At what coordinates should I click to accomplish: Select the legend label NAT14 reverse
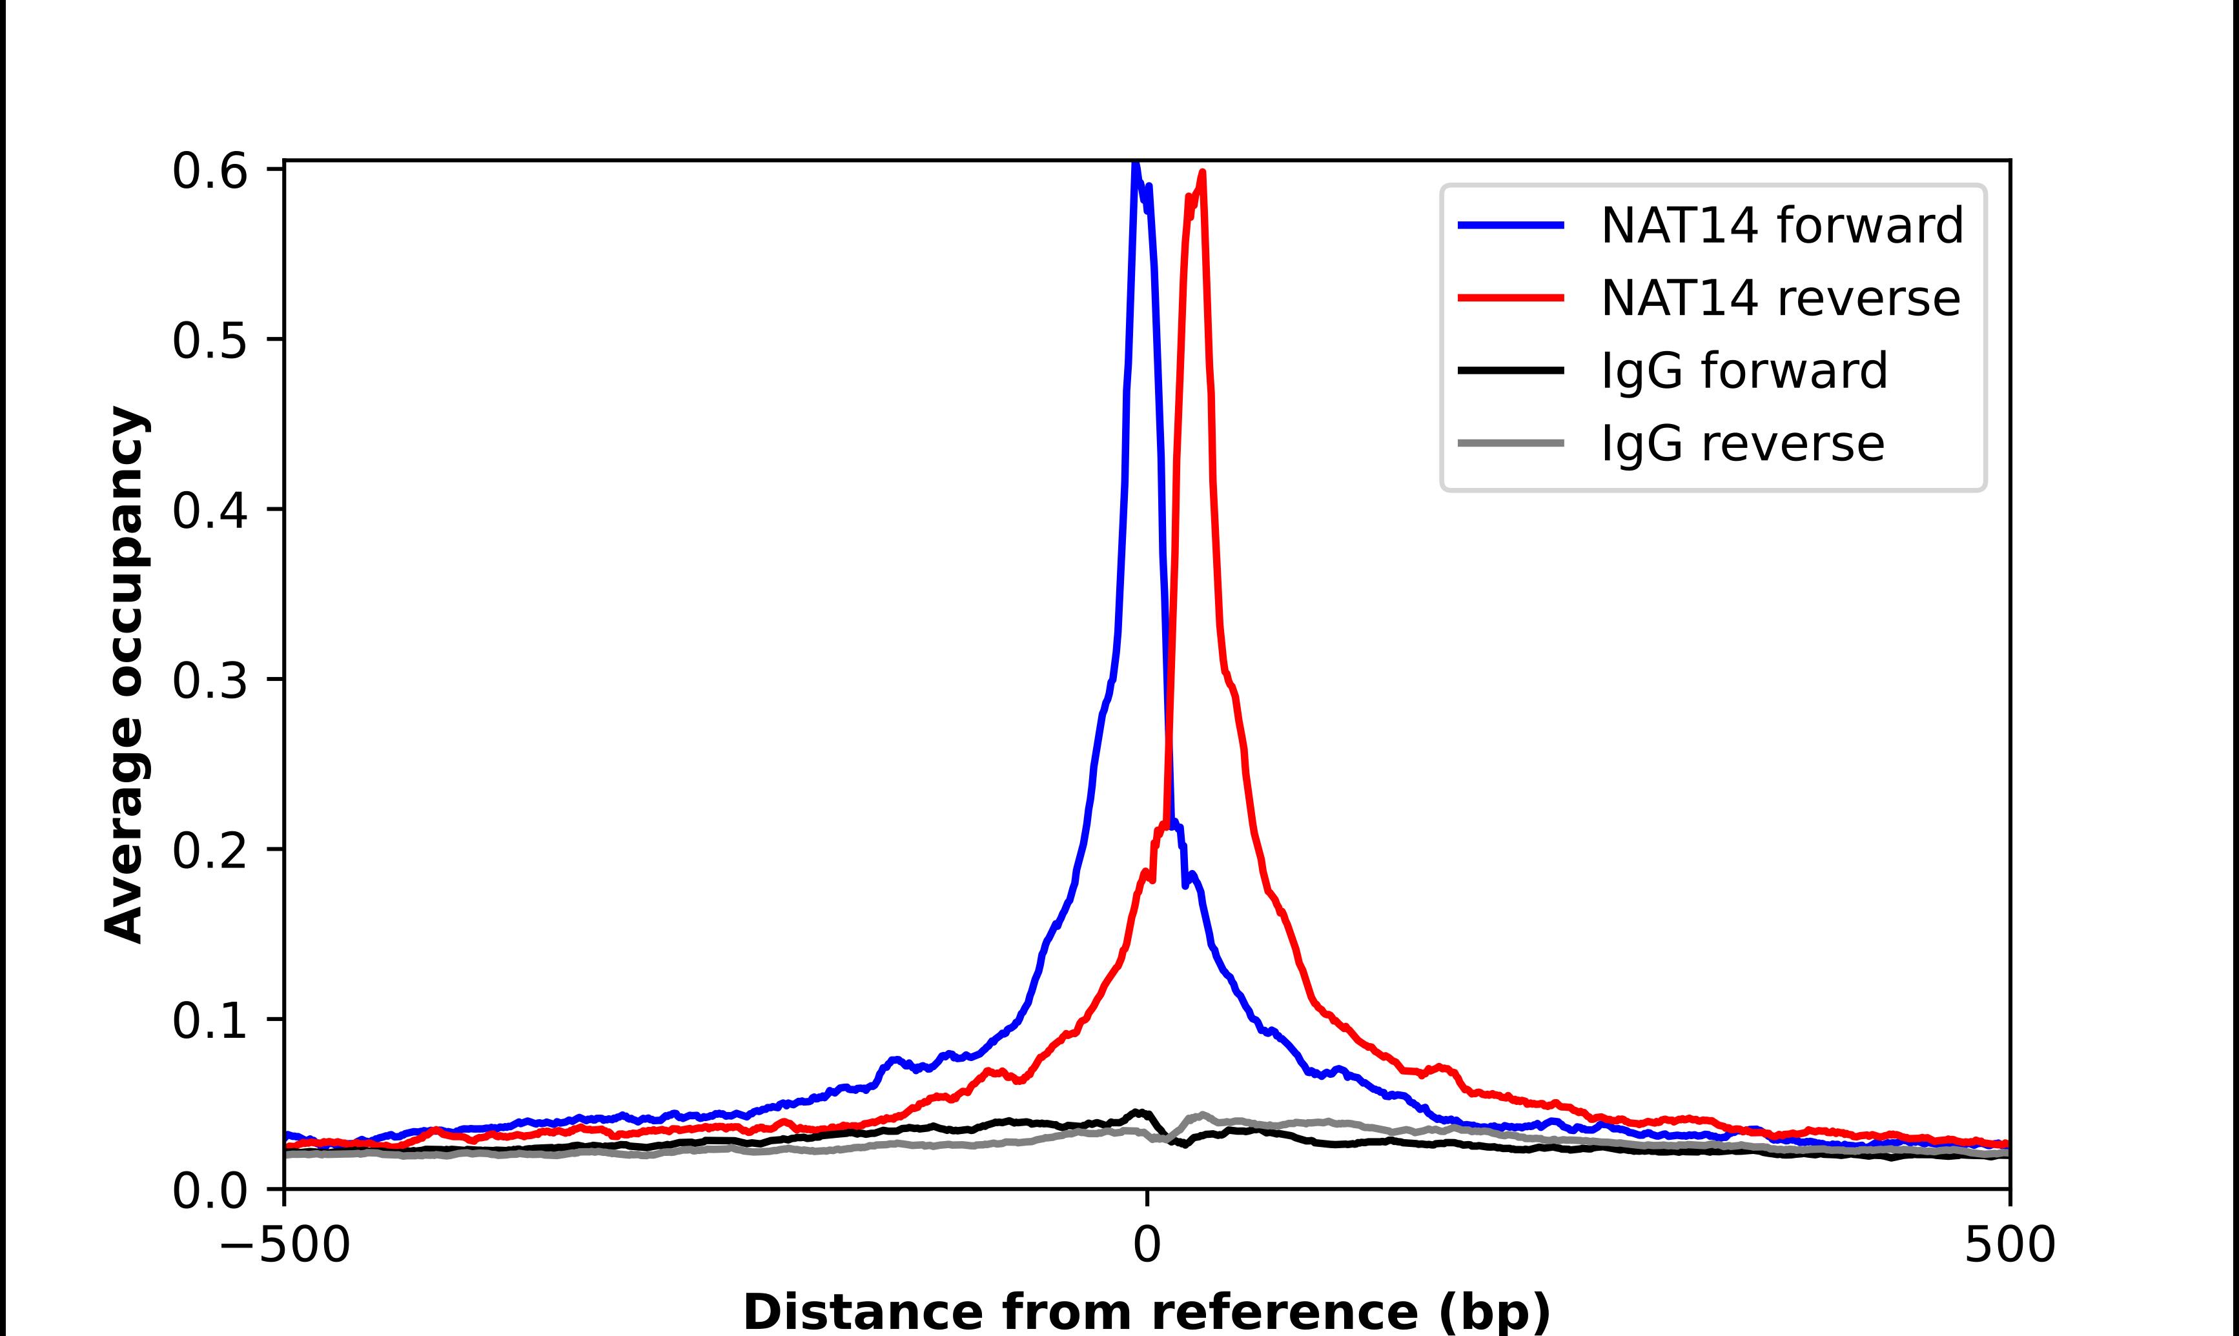coord(1780,298)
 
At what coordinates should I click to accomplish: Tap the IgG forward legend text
coord(1744,371)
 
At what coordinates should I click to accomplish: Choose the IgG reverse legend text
coord(1742,444)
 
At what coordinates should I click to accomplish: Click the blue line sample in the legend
coord(1511,225)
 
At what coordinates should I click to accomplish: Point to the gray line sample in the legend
coord(1511,443)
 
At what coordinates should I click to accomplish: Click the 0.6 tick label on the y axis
coord(209,171)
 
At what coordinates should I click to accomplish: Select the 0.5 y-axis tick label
coord(209,340)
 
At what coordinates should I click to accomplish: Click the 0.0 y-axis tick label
coord(209,1191)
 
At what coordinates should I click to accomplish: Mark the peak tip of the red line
coord(1203,173)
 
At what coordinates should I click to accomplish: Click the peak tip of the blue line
coord(1135,165)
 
